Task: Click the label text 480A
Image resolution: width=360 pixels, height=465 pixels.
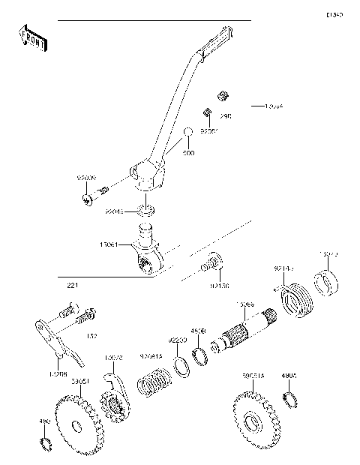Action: (289, 378)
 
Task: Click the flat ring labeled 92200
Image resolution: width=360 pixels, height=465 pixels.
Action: (180, 365)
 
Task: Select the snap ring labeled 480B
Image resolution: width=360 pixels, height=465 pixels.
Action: (199, 355)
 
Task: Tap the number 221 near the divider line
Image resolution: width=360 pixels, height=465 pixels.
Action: (71, 285)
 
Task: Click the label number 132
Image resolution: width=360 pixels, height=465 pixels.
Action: (92, 335)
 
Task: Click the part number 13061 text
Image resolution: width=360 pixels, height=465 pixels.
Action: (109, 244)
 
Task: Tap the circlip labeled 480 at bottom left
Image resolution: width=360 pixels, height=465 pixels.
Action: (45, 445)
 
